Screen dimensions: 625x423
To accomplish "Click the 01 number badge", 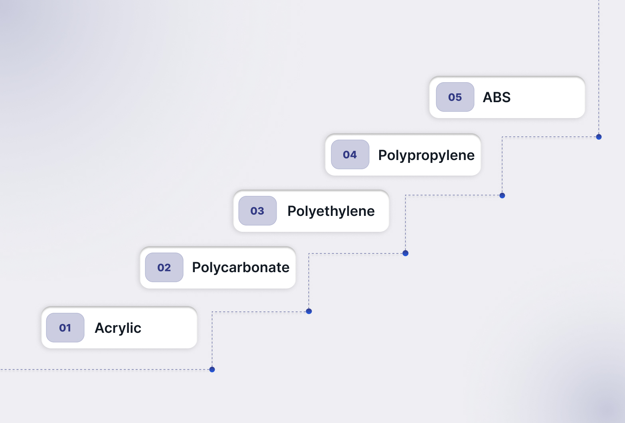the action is pyautogui.click(x=65, y=328).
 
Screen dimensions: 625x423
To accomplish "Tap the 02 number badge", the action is pyautogui.click(x=164, y=267).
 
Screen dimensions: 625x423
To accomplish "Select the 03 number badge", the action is pyautogui.click(x=257, y=211).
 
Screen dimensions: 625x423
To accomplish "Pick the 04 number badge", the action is pyautogui.click(x=350, y=154).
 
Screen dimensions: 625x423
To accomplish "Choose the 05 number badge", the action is pyautogui.click(x=455, y=97).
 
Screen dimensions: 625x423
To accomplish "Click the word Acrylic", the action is pyautogui.click(x=118, y=328).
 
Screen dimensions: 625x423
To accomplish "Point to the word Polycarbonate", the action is pyautogui.click(x=241, y=268).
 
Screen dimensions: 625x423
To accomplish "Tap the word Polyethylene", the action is pyautogui.click(x=331, y=211).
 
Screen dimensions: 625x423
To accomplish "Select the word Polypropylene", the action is pyautogui.click(x=426, y=155).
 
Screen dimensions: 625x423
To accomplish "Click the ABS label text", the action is pyautogui.click(x=496, y=97).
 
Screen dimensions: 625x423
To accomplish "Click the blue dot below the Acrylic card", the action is pyautogui.click(x=212, y=370).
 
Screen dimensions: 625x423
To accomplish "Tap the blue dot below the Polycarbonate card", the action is pyautogui.click(x=309, y=311).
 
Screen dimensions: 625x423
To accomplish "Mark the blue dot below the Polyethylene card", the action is pyautogui.click(x=405, y=253).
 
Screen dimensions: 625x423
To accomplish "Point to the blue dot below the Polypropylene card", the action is pyautogui.click(x=502, y=195).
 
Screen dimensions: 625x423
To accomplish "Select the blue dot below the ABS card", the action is pyautogui.click(x=599, y=137).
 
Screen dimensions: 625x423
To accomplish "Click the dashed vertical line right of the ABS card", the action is pyautogui.click(x=599, y=67).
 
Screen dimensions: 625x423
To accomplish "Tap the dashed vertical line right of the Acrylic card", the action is pyautogui.click(x=212, y=340).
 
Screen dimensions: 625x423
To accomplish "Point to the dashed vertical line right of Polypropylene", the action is pyautogui.click(x=502, y=166).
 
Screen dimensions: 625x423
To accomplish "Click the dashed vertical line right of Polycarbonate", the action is pyautogui.click(x=309, y=282).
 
